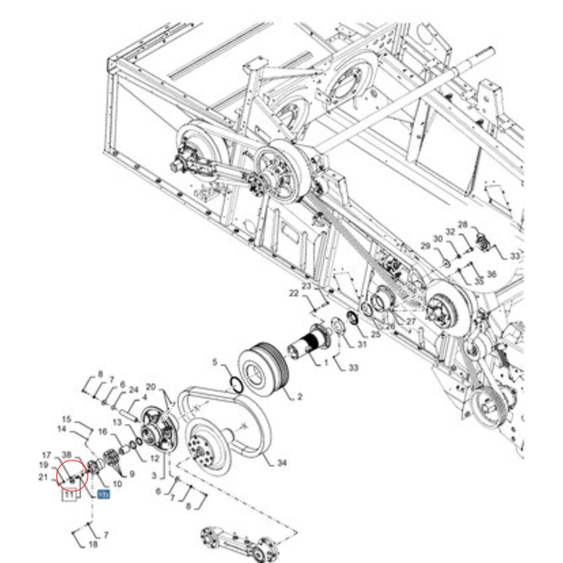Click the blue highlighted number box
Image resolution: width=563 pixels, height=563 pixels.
103,495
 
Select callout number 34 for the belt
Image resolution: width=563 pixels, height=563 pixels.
281,463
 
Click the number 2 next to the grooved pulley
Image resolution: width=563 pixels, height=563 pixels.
299,397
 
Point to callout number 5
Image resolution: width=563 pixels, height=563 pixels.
215,364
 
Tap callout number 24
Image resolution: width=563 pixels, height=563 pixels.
133,390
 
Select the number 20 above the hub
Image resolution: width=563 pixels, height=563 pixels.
152,387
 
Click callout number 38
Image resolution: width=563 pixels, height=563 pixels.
66,455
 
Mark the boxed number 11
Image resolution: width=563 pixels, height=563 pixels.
68,496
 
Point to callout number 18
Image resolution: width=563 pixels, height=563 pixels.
93,544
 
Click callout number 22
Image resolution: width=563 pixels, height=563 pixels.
293,293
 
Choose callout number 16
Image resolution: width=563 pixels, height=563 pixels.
103,432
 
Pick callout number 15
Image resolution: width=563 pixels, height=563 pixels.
66,419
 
